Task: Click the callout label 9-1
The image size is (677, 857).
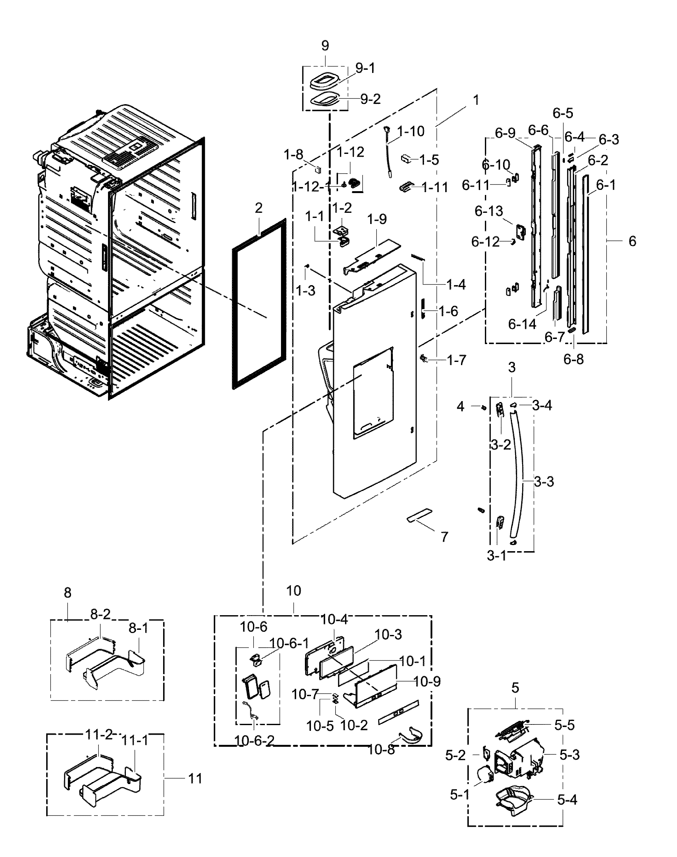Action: (365, 68)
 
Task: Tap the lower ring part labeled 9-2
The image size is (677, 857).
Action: (323, 99)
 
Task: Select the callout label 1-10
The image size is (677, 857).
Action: (411, 131)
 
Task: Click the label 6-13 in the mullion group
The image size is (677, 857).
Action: (489, 211)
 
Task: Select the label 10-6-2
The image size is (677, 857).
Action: (255, 740)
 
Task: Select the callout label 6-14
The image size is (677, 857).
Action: (522, 324)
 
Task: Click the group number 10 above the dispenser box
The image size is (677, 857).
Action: (294, 602)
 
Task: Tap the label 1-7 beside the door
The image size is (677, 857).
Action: (457, 360)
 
